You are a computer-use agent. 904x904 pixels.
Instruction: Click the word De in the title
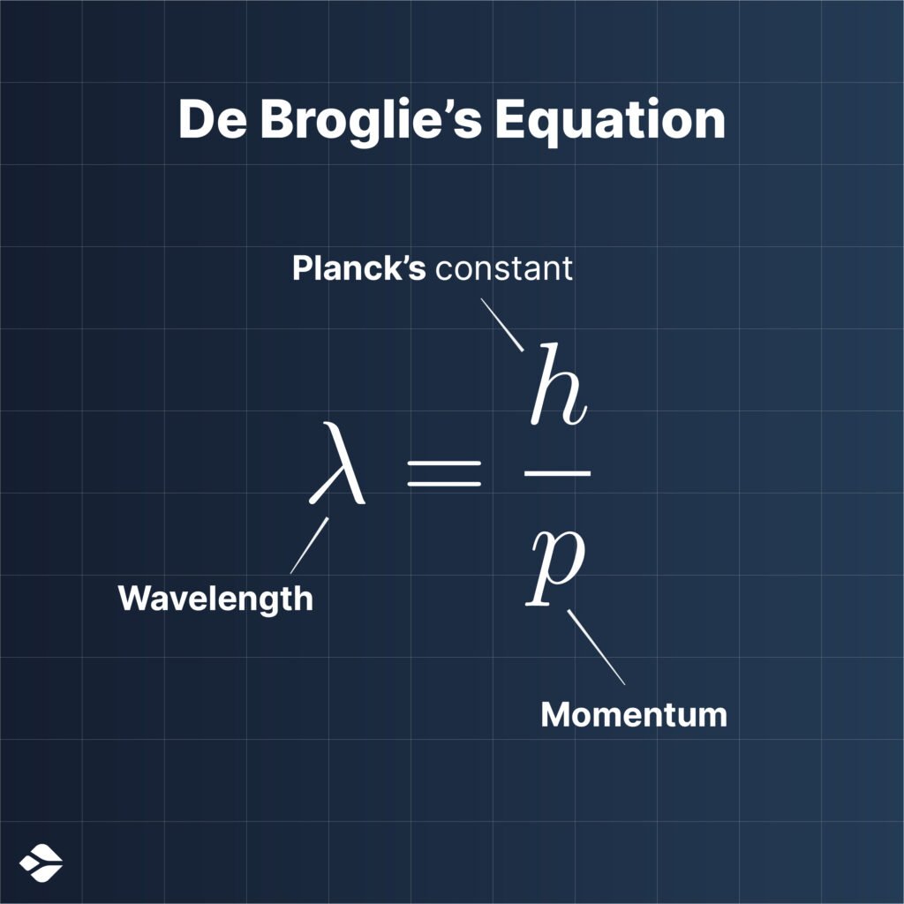click(213, 120)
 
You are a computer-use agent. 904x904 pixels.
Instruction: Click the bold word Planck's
click(358, 268)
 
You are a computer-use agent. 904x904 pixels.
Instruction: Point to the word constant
click(504, 268)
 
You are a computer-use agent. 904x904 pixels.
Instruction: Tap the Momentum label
click(634, 715)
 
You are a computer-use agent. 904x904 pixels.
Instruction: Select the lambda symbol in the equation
click(337, 463)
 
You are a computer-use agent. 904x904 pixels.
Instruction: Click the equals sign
click(444, 473)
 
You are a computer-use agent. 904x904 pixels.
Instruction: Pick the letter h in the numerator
click(558, 384)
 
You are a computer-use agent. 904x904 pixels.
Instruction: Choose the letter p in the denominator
click(555, 567)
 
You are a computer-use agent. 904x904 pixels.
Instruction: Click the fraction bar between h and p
click(558, 473)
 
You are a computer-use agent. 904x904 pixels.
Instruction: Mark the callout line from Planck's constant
click(502, 325)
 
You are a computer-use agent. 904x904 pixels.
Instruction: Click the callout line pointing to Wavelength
click(310, 546)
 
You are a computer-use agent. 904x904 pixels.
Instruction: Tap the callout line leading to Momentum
click(596, 647)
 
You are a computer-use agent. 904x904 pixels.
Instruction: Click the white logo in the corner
click(41, 863)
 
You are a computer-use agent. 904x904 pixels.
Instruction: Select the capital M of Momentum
click(555, 714)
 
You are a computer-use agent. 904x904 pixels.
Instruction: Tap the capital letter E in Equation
click(509, 120)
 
